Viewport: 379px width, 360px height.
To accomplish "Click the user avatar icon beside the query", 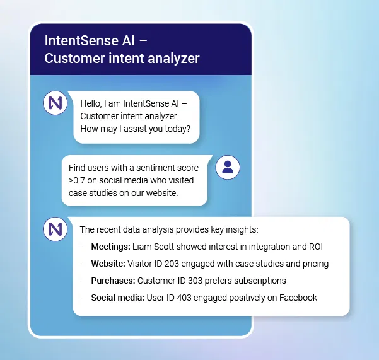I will tap(228, 166).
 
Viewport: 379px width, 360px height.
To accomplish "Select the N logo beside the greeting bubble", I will tap(55, 103).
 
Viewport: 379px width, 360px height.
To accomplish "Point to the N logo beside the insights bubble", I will tap(55, 228).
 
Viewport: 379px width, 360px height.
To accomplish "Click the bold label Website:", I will tap(108, 264).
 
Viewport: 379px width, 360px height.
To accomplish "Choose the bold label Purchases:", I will tap(113, 281).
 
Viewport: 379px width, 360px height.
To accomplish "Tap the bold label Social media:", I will tap(117, 298).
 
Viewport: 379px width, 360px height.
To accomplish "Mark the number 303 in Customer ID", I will tap(195, 281).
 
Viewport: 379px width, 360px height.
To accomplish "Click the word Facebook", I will tap(296, 298).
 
